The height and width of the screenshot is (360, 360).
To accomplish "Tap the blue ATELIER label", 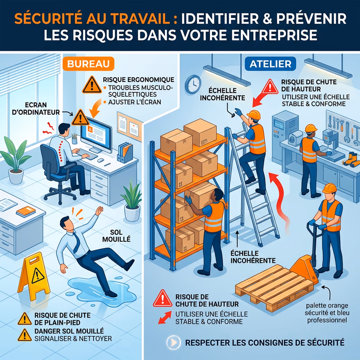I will pyautogui.click(x=270, y=64).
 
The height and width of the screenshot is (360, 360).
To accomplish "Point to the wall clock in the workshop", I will pyautogui.click(x=193, y=83).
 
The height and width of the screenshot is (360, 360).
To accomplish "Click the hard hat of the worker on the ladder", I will pyautogui.click(x=255, y=115).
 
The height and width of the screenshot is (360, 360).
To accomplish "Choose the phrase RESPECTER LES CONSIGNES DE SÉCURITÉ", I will pyautogui.click(x=265, y=342).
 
